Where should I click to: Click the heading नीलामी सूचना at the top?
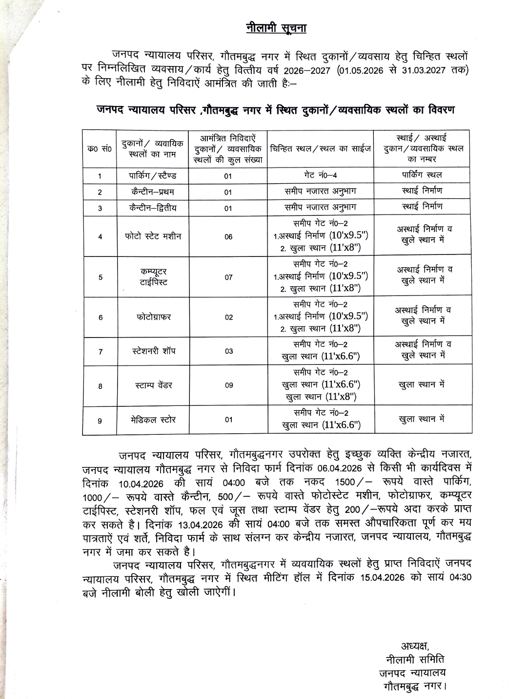pos(276,28)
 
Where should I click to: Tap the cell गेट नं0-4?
pos(320,175)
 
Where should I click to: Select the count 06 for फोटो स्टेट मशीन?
pos(228,237)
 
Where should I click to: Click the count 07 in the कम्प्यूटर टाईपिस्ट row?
pos(228,277)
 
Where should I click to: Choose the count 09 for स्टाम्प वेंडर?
pos(228,385)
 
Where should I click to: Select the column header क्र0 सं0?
pos(100,149)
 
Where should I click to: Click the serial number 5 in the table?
pos(100,277)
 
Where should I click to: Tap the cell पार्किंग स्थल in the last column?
pos(422,174)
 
